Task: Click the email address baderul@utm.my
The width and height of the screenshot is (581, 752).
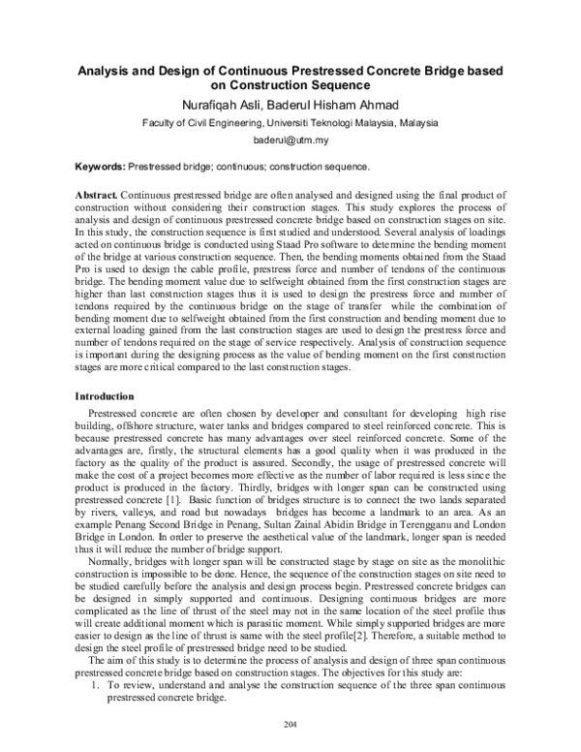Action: tap(291, 141)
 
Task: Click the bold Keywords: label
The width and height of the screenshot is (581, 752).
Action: tap(101, 167)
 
